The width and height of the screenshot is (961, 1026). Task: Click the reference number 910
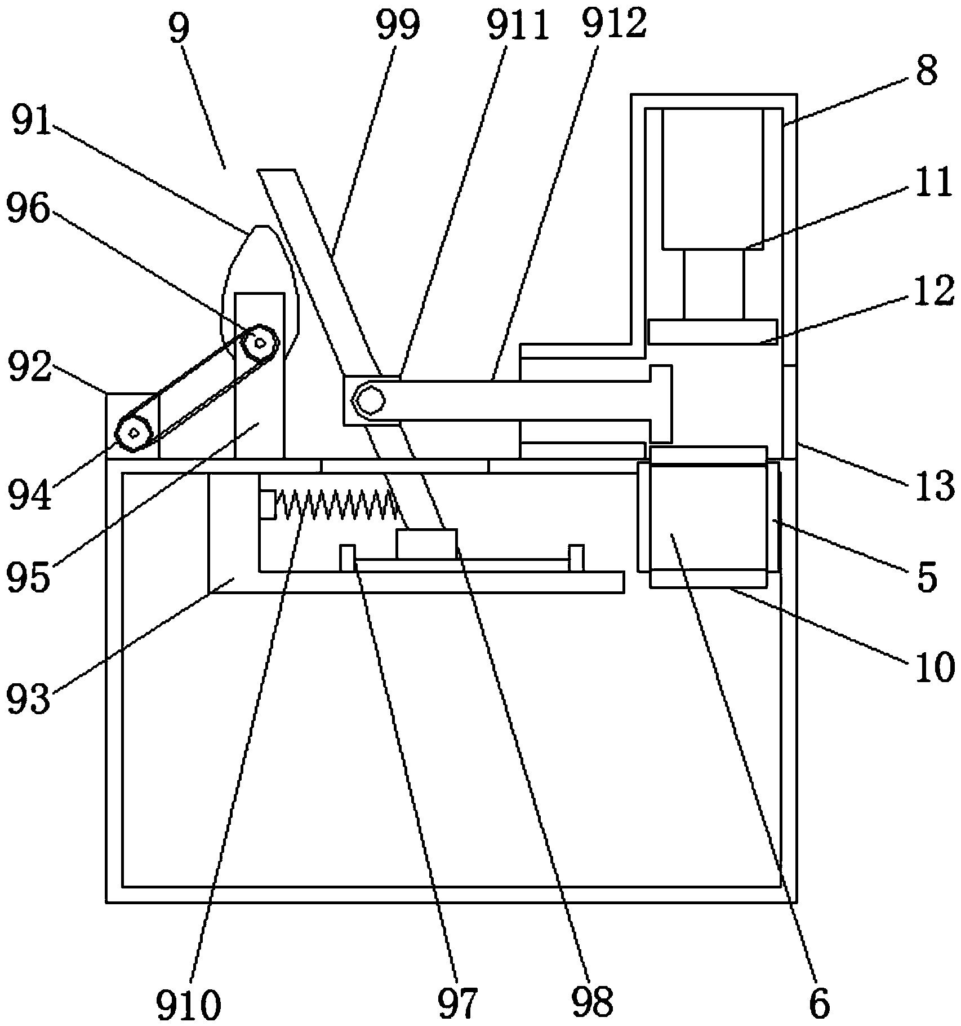(188, 1002)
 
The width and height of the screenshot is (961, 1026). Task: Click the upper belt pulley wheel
(260, 342)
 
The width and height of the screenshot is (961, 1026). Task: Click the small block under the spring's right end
(426, 543)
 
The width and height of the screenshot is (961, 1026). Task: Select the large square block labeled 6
(708, 516)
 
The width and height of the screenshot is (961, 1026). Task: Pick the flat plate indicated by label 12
(713, 331)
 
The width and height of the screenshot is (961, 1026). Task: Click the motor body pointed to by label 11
(713, 179)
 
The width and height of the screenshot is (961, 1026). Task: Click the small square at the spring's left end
(268, 505)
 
